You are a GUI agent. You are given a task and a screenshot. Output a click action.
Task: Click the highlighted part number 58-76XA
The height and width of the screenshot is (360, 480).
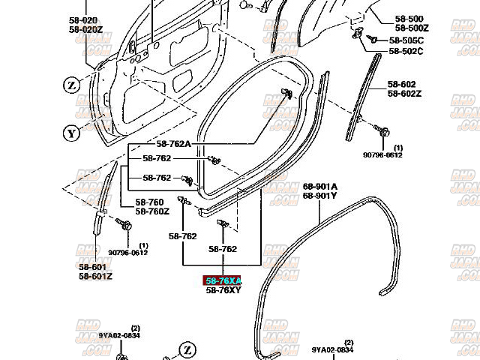(x=223, y=280)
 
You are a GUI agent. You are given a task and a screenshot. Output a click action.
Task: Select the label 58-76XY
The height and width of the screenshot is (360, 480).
(x=223, y=289)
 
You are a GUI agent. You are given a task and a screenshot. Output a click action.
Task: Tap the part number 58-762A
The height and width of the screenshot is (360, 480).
(x=173, y=143)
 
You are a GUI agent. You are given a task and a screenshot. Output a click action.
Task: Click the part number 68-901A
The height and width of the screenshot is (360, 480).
(x=320, y=186)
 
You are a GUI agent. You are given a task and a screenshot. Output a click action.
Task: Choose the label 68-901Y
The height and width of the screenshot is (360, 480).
(x=320, y=196)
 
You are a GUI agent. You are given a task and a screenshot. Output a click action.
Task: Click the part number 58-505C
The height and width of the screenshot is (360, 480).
(x=406, y=40)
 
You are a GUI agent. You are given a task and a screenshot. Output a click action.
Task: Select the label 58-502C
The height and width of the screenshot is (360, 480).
(x=406, y=51)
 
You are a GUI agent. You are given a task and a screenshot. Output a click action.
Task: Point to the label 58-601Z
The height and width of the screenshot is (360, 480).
(x=94, y=276)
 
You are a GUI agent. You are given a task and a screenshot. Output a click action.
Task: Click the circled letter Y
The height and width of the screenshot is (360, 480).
(x=71, y=134)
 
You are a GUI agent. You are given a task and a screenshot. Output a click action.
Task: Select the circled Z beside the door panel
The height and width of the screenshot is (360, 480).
(x=71, y=85)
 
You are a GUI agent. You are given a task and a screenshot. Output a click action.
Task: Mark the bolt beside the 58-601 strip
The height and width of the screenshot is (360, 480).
(x=123, y=223)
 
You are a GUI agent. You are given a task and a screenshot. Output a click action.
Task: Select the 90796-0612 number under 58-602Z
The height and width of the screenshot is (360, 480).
(x=383, y=155)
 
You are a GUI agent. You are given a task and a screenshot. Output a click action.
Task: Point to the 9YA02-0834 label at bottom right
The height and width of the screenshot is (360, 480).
(x=332, y=349)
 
